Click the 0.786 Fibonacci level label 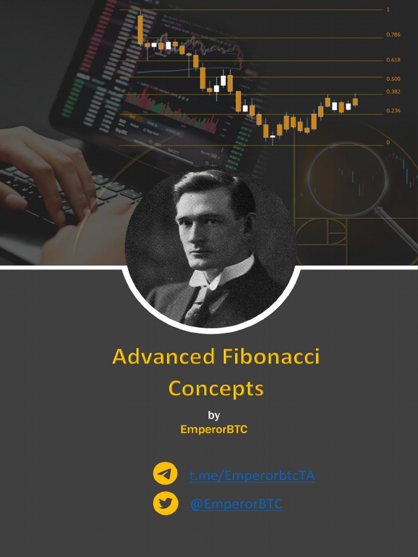pos(393,35)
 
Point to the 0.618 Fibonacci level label pos(393,60)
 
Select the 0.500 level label pos(393,79)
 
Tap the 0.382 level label pos(393,92)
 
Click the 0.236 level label pos(393,110)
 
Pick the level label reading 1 pos(388,10)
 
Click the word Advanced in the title pos(163,357)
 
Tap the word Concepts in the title pos(216,388)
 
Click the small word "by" pos(214,416)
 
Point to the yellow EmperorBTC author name pos(214,429)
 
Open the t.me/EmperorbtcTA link pos(252,476)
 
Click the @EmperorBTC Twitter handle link pos(236,504)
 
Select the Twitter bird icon pos(165,504)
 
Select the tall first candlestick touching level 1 pos(140,28)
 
